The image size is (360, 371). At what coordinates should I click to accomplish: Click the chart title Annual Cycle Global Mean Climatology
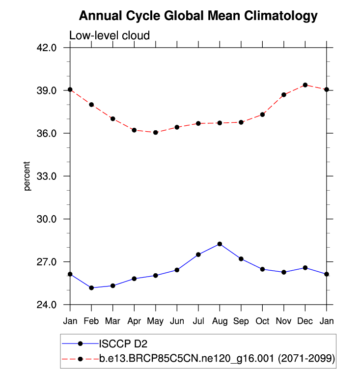(198, 16)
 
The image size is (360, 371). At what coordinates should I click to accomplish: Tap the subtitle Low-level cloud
(109, 35)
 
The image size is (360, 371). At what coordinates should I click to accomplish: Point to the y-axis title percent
(28, 176)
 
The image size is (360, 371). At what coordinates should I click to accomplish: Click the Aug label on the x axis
(220, 321)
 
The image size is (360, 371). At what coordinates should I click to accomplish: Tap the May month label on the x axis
(156, 321)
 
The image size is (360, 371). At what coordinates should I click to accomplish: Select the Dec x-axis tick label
(305, 321)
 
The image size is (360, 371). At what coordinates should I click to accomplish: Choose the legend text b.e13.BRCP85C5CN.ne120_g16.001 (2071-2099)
(217, 360)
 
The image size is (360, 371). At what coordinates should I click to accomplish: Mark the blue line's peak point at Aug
(220, 244)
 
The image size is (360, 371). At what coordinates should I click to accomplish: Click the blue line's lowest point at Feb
(91, 287)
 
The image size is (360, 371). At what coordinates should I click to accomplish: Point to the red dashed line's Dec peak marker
(305, 85)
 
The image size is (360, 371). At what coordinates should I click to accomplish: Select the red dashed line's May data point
(156, 132)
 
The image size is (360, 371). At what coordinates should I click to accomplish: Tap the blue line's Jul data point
(198, 255)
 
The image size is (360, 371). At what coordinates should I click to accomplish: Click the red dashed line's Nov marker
(284, 94)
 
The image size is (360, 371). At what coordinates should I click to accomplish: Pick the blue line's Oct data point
(262, 269)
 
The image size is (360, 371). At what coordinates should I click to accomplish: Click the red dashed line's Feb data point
(91, 105)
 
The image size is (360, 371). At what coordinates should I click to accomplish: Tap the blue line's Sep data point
(241, 259)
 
